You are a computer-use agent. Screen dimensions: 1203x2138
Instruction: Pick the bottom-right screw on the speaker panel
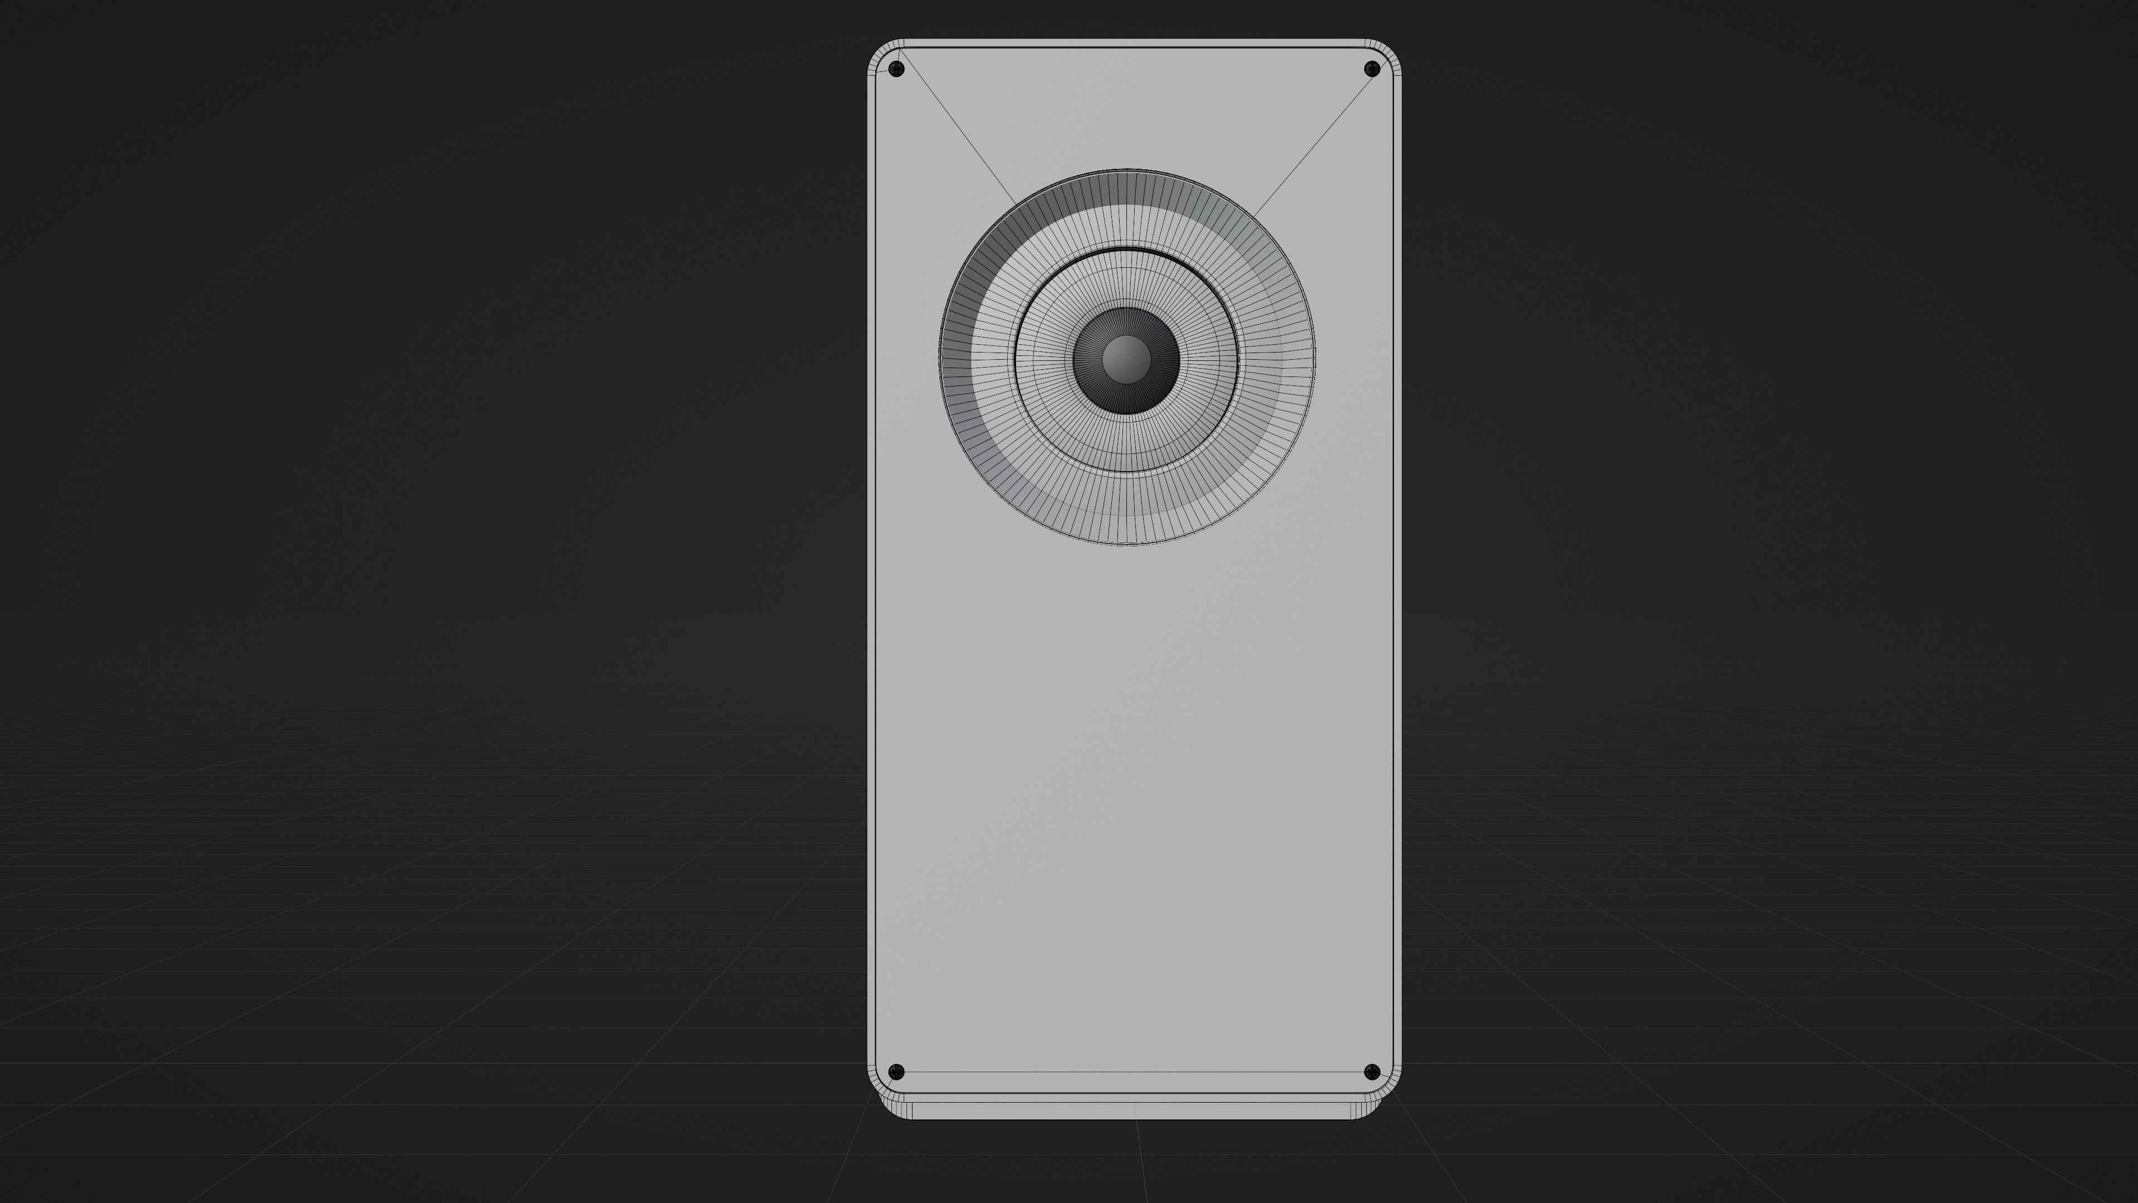1372,1072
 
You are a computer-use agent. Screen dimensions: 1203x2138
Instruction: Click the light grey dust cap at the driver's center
1126,359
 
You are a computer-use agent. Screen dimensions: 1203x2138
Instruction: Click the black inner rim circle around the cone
1126,249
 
